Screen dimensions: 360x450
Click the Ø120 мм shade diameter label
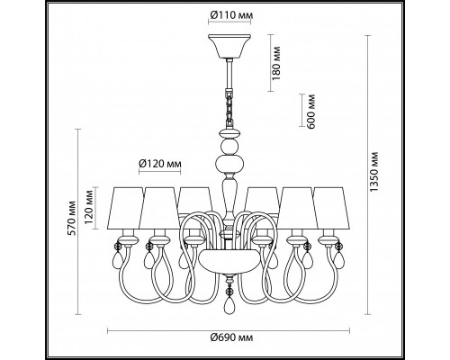point(161,164)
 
